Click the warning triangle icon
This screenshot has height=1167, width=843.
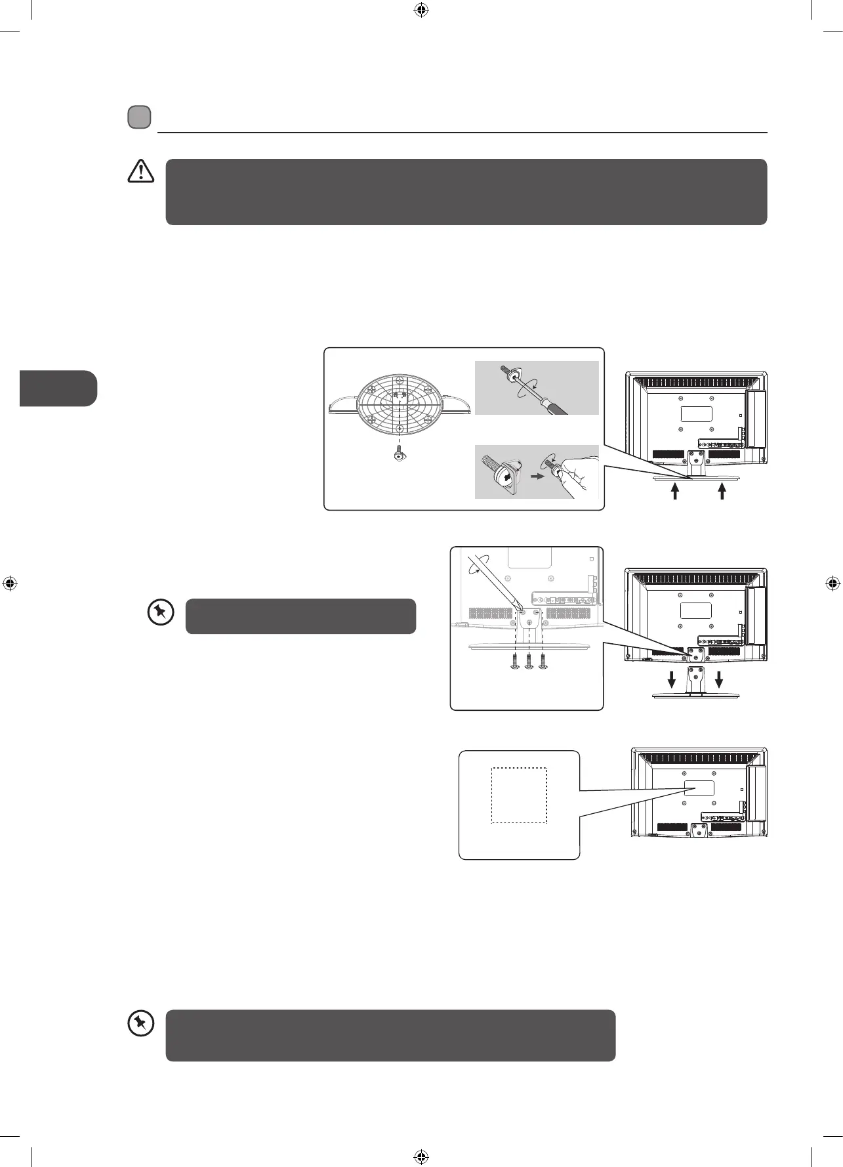click(140, 171)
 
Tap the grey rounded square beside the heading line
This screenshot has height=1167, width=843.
click(139, 117)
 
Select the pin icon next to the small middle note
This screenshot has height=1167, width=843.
click(161, 613)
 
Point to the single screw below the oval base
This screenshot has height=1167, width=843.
click(399, 454)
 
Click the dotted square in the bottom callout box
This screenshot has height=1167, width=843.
click(519, 796)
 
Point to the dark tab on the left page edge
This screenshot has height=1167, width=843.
click(58, 389)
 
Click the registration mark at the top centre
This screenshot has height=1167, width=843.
click(421, 10)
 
